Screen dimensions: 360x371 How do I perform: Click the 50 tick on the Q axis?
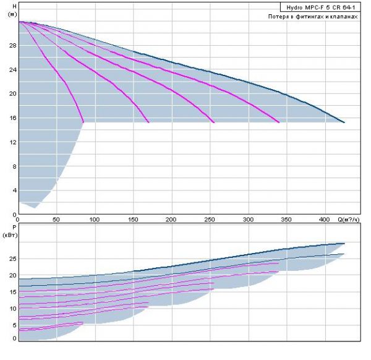pos(56,220)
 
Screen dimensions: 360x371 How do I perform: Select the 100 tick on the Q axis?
pos(95,220)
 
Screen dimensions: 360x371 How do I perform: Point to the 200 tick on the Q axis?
pos(171,220)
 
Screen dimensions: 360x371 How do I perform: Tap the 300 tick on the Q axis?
pos(249,220)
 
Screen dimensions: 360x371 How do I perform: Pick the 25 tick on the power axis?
pos(11,259)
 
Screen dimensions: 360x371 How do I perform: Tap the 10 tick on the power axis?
pos(11,308)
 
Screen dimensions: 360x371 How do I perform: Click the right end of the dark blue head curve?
pos(344,122)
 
